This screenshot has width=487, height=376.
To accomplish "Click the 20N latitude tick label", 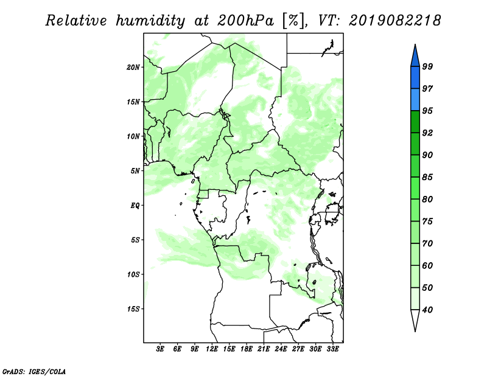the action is tap(133, 68).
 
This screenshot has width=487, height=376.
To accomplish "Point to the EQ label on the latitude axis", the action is tap(135, 206).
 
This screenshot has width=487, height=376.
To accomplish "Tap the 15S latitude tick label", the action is tap(133, 309).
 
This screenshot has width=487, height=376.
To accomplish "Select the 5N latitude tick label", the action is tap(135, 171).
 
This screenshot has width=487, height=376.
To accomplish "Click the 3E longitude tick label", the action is tap(160, 349).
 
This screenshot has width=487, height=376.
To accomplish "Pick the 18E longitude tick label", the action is tap(247, 349).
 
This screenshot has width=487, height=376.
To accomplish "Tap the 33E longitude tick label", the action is tap(332, 349).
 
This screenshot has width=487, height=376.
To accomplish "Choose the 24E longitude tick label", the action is tap(281, 349).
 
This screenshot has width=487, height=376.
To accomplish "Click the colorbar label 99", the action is tap(427, 66).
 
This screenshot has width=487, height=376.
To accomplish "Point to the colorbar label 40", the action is tap(427, 310).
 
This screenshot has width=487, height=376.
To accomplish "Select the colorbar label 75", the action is tap(427, 221).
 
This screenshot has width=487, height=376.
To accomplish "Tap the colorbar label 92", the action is tap(427, 133).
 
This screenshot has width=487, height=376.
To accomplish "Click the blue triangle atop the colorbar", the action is tap(415, 57).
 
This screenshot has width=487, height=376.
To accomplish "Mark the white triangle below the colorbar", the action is tap(415, 318).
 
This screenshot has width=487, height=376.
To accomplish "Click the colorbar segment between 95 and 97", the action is tap(415, 100).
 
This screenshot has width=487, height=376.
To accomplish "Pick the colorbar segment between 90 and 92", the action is tap(415, 144).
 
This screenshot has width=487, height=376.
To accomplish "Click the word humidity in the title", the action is tap(150, 21).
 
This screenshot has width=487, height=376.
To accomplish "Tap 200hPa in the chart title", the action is tap(245, 21).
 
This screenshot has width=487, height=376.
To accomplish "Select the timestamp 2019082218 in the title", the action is tap(394, 21).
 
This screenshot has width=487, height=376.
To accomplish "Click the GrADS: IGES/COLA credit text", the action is tap(34, 371).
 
